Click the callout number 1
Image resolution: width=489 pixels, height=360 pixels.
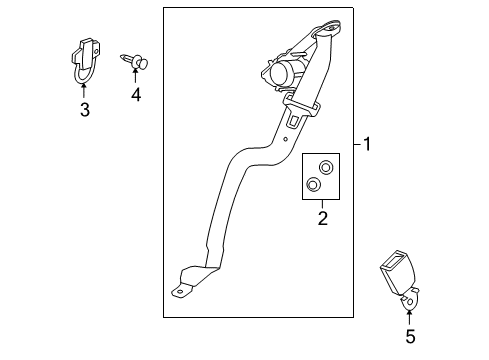point(367,146)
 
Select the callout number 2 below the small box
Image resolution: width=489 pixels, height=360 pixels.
point(322,216)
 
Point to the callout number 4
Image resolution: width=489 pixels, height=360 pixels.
point(134,96)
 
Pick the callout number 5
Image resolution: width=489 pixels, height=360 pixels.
point(408,337)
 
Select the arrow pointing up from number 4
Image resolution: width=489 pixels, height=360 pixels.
point(134,76)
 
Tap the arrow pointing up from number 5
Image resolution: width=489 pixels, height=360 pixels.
point(408,318)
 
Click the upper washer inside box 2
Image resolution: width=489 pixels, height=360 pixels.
point(325,167)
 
